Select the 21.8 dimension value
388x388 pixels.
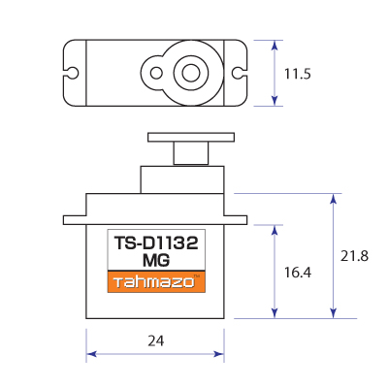pyautogui.click(x=356, y=256)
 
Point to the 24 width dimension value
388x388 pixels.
pyautogui.click(x=155, y=340)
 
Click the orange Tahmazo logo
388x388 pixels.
pyautogui.click(x=155, y=281)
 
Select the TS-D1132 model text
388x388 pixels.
pyautogui.click(x=155, y=245)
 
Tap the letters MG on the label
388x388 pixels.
pyautogui.click(x=155, y=261)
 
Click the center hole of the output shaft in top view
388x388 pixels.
pyautogui.click(x=189, y=73)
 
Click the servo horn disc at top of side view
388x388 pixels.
pyautogui.click(x=190, y=136)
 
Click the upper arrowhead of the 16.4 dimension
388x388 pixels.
pyautogui.click(x=277, y=231)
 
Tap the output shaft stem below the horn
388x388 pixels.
pyautogui.click(x=190, y=153)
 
